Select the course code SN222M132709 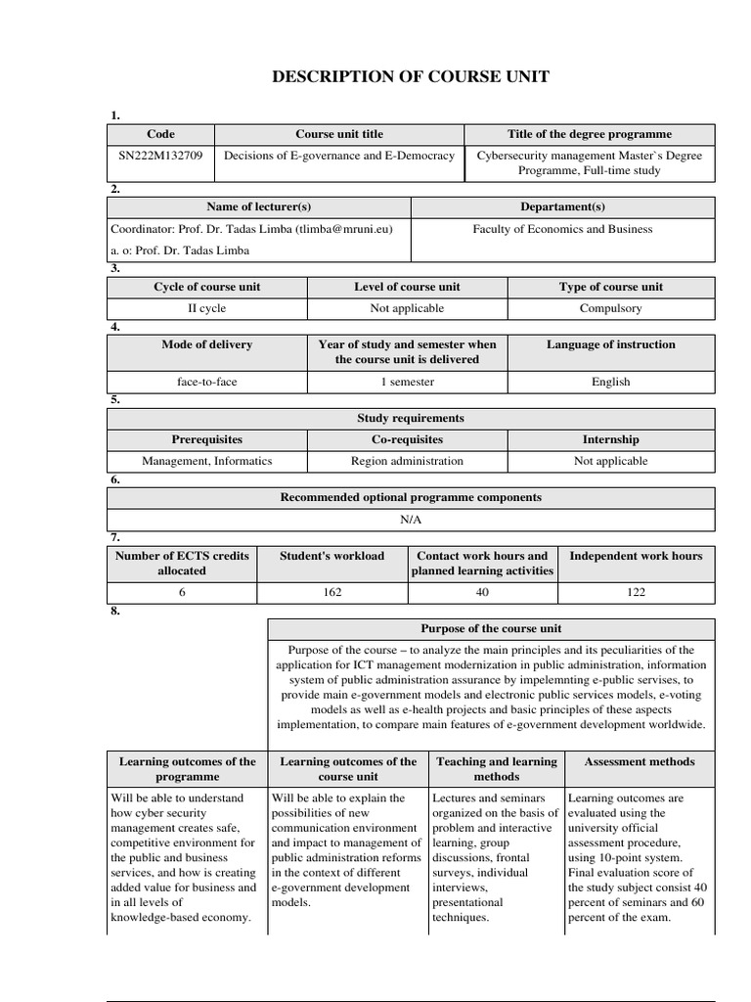click(x=160, y=156)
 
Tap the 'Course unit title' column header click(x=339, y=134)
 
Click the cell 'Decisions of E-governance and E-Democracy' click(x=339, y=156)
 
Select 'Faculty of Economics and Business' click(x=562, y=229)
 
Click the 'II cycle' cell click(x=206, y=308)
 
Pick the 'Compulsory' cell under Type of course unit click(x=610, y=308)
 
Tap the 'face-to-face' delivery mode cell click(x=206, y=382)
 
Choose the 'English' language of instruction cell click(x=610, y=382)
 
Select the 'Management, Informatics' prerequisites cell click(x=206, y=461)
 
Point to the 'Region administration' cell click(x=407, y=461)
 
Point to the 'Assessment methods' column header click(x=639, y=761)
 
